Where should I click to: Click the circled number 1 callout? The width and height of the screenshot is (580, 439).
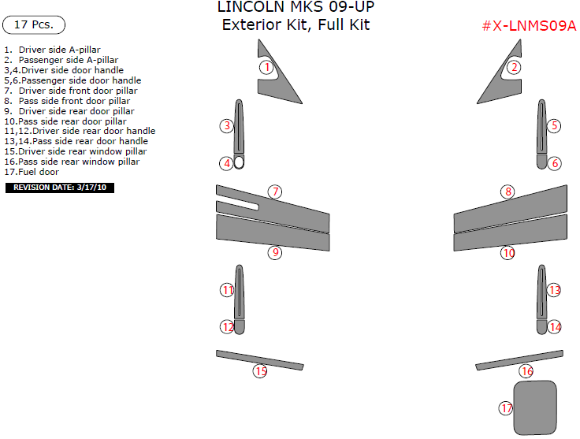coord(267,67)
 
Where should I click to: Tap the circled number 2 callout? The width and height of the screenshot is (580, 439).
coord(514,67)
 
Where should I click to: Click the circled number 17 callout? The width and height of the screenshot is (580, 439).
coord(506,408)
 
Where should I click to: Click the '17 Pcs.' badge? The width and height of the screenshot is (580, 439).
coord(34,24)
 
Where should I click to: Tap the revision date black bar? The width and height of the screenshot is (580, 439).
coord(61,188)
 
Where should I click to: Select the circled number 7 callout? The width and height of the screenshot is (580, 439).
coord(274,192)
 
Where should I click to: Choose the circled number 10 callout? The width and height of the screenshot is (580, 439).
coord(508,253)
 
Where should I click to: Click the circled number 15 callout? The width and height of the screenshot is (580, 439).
coord(259,370)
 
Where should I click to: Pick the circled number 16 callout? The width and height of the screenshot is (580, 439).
coord(526,371)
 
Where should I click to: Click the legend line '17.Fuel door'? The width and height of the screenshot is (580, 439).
coord(32,171)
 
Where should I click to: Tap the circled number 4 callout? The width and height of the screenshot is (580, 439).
coord(227,163)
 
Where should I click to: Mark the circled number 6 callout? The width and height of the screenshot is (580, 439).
coord(555,163)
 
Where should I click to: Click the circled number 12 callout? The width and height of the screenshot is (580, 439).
coord(227,326)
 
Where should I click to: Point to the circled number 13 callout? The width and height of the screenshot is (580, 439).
coord(554,290)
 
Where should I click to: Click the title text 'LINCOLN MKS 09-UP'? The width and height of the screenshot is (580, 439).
coord(296,7)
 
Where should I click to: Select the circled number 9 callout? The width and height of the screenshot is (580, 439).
coord(274,253)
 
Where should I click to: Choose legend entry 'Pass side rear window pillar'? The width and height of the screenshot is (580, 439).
coord(72,161)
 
